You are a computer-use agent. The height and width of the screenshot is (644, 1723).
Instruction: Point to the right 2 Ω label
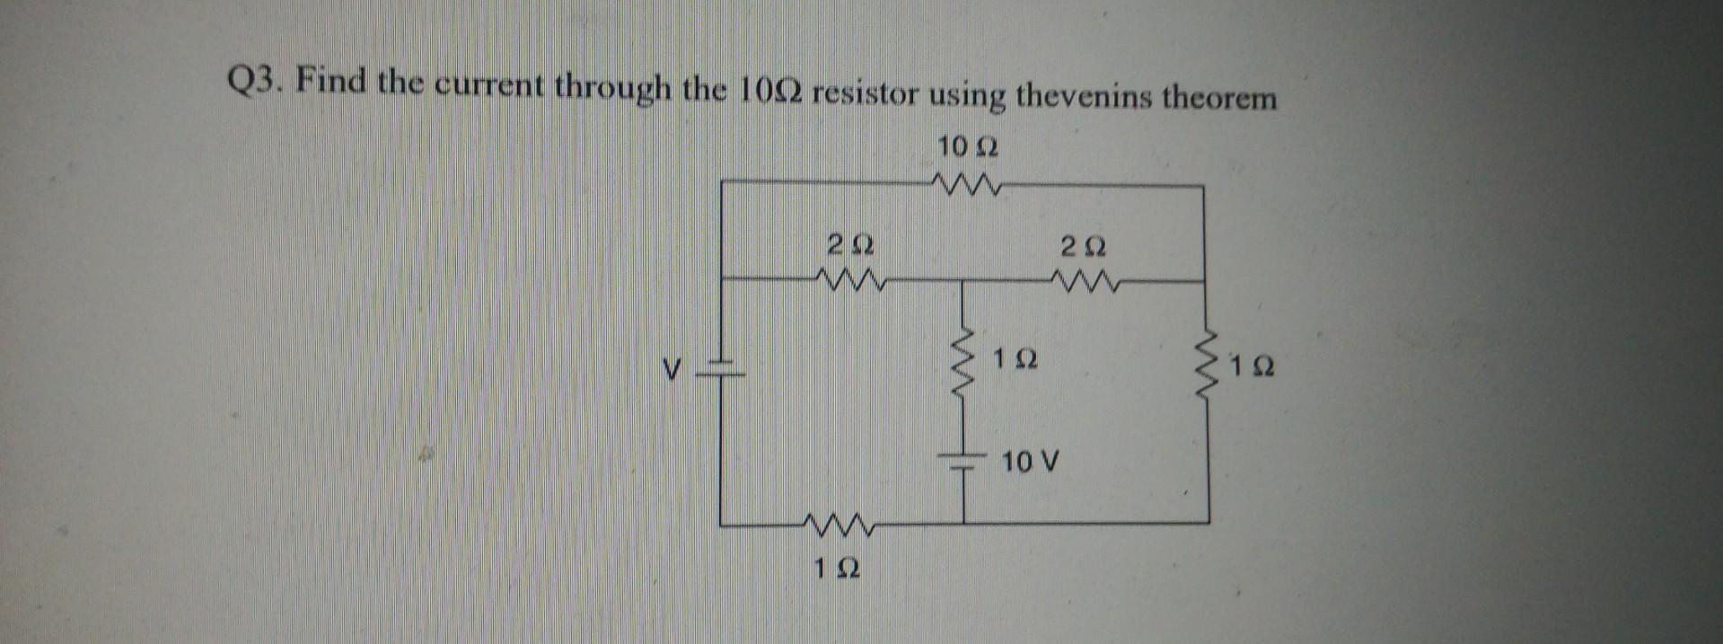1084,245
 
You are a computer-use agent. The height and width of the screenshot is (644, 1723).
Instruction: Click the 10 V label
1030,463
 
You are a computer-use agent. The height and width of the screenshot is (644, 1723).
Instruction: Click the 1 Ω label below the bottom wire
208,568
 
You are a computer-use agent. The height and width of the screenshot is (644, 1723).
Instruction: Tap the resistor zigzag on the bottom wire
208,522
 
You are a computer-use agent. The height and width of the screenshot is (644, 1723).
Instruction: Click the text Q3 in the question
254,84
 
